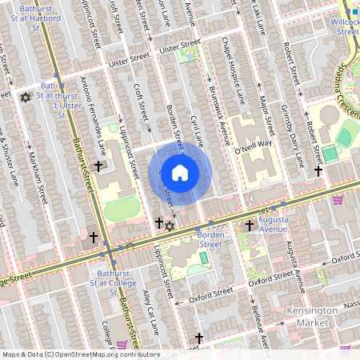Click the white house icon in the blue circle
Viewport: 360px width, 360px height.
coord(180,173)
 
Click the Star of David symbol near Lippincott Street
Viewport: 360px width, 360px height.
coord(169,226)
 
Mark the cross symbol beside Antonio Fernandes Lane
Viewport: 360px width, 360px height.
coord(98,166)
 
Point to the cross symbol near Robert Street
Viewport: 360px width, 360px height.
coord(318,170)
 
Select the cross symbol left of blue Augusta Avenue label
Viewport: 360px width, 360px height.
coord(249,226)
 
